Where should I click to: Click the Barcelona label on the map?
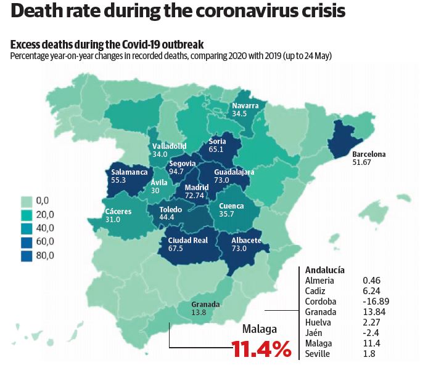(368, 154)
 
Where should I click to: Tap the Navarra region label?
(245, 105)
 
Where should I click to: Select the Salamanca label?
(130, 172)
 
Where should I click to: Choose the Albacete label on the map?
(246, 240)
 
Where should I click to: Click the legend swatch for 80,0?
(27, 255)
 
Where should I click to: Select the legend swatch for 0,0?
(27, 201)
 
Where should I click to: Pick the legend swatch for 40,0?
(27, 228)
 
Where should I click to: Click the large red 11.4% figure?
(261, 350)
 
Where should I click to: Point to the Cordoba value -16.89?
(376, 302)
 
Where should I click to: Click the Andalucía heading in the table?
(325, 270)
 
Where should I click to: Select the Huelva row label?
(318, 322)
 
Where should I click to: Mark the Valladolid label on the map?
(170, 146)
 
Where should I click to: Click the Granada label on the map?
(205, 304)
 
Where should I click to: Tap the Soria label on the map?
(218, 140)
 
